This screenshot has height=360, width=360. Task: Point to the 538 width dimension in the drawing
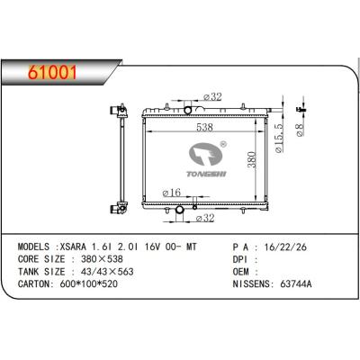tap(205, 128)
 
